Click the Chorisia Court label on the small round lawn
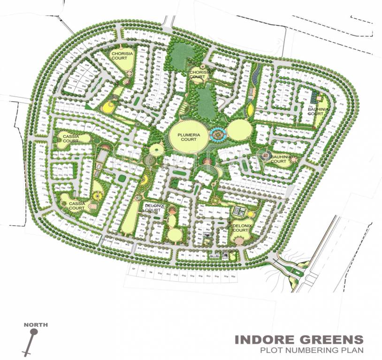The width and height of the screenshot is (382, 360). click(199, 75)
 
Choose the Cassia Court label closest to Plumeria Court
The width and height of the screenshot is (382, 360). click(70, 139)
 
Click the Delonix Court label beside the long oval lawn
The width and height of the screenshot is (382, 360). click(153, 208)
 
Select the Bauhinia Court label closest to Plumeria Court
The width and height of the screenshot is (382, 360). click(278, 159)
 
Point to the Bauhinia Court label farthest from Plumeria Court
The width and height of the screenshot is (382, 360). click(315, 112)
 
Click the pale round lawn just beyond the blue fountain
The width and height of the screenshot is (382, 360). click(239, 129)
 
